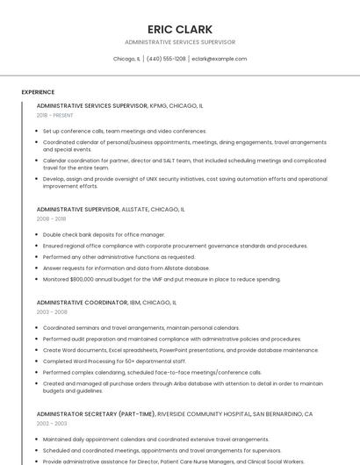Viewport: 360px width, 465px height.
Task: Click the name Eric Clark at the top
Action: pos(180,29)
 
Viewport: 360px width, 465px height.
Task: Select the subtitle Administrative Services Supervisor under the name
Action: pos(180,42)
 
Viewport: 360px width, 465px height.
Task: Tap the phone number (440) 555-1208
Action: pos(166,59)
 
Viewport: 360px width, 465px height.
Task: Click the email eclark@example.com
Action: pos(219,59)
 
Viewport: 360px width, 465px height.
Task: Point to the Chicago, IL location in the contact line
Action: pos(126,59)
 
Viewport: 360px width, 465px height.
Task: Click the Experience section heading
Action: pos(38,92)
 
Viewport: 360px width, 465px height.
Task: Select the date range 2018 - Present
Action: pos(54,115)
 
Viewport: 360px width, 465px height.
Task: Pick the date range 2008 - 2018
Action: pos(50,219)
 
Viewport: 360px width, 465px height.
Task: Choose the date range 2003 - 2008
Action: pos(51,311)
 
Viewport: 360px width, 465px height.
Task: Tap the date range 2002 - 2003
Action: pos(51,423)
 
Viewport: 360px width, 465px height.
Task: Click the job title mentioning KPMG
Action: pos(119,105)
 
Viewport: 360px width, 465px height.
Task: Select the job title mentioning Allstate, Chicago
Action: pos(111,210)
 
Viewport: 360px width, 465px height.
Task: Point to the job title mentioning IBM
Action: pos(106,302)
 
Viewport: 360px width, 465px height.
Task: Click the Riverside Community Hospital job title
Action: pos(174,413)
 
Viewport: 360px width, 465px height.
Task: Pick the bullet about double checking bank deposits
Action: pos(104,235)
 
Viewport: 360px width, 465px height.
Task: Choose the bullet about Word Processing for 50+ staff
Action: pos(114,361)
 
